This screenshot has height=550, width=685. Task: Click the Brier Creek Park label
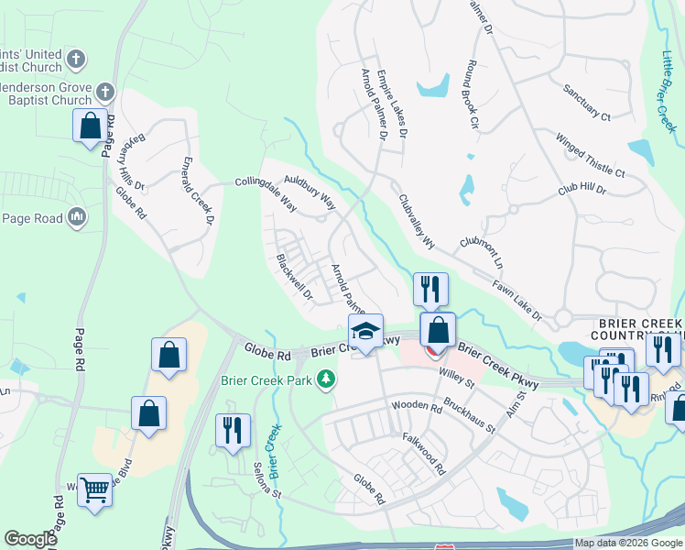(266, 380)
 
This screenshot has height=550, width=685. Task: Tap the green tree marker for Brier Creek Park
(324, 379)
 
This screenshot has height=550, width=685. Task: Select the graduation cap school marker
(365, 331)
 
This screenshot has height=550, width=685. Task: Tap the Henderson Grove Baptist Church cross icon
(105, 91)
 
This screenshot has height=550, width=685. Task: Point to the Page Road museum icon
(77, 217)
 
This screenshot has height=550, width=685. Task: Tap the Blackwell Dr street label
(294, 278)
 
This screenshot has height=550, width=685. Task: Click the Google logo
(30, 539)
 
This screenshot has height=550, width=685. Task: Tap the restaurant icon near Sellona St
(232, 430)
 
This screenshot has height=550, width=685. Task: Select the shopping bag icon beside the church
(91, 127)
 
